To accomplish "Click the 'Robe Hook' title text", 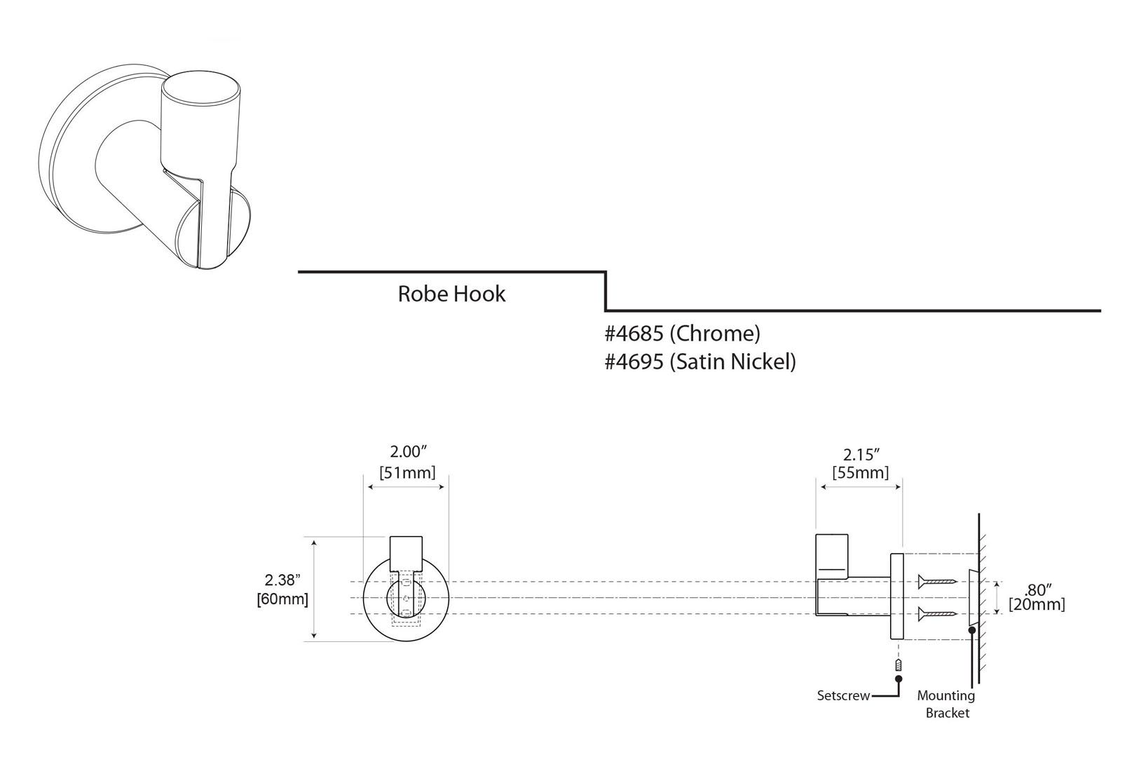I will click(451, 294).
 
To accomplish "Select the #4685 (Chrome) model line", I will click(682, 334).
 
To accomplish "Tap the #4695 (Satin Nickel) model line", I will click(700, 362).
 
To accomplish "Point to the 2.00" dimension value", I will click(407, 452).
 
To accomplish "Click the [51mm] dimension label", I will click(407, 472).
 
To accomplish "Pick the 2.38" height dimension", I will click(282, 580).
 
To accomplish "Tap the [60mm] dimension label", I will click(282, 599).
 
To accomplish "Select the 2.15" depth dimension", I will click(860, 454).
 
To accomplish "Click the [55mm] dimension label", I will click(860, 473).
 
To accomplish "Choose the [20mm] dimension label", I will click(1037, 604).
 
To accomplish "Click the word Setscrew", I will click(843, 696).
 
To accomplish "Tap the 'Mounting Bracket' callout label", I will click(946, 704).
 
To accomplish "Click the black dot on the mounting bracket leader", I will click(971, 630).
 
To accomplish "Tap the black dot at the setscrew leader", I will click(899, 678).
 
